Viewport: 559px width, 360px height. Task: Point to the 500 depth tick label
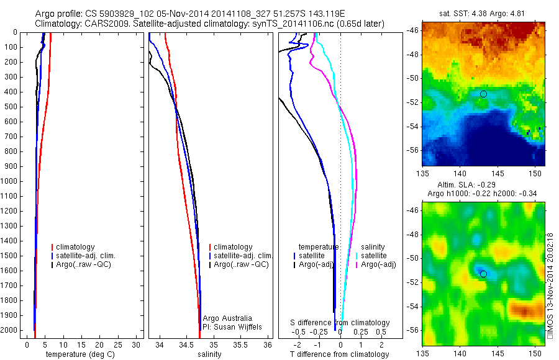coord(11,107)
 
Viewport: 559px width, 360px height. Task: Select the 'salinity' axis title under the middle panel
coord(209,354)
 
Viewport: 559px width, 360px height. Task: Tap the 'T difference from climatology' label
coord(339,354)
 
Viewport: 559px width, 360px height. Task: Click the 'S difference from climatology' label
coord(340,323)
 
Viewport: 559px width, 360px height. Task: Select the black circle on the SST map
coord(483,94)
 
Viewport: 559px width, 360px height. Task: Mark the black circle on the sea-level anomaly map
coord(483,274)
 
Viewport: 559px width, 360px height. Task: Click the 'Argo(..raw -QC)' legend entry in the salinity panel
coord(241,264)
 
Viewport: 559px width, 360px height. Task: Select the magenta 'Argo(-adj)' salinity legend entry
coord(376,264)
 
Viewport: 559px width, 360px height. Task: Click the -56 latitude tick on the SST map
coord(412,150)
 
